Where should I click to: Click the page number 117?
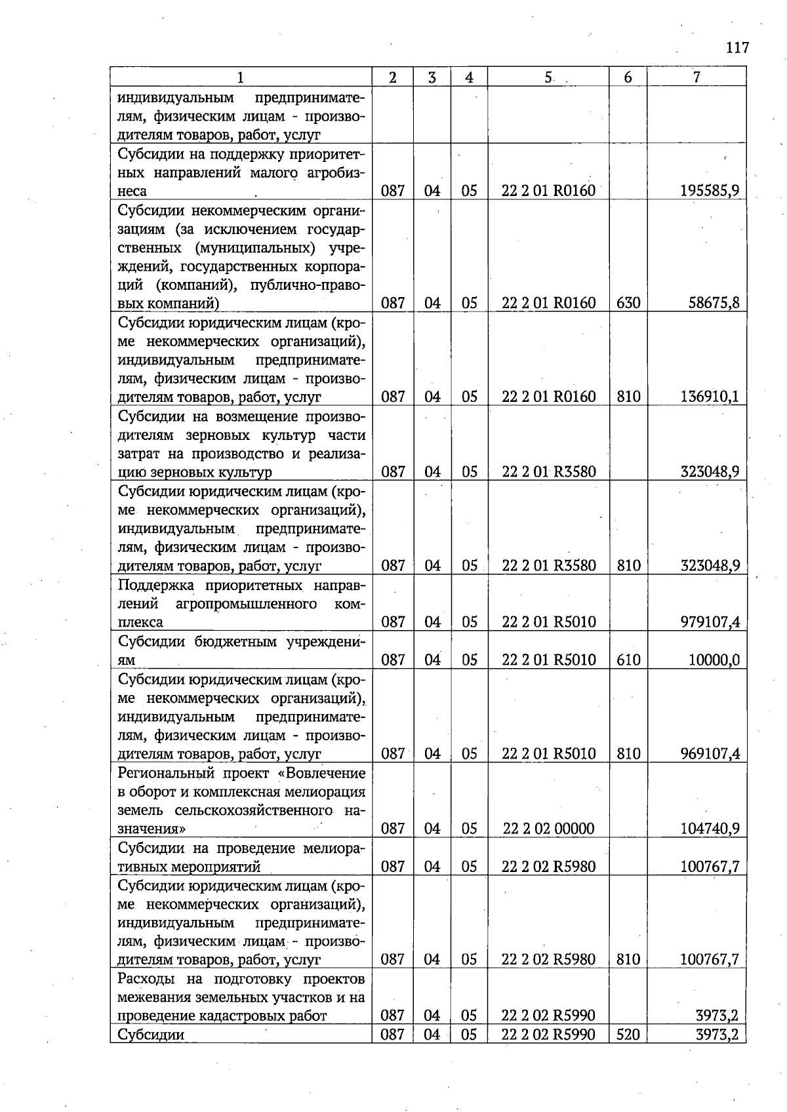pos(737,47)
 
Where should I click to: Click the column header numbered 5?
pos(548,77)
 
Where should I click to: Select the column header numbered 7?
pos(696,77)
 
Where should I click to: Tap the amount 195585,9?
pos(710,191)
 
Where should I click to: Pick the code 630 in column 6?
pos(628,303)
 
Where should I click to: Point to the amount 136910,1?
pos(710,397)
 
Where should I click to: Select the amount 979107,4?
pos(710,622)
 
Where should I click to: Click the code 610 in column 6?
pos(628,660)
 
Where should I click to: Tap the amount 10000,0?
pos(714,660)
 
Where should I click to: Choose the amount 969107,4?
pos(710,753)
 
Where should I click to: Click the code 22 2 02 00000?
pos(548,829)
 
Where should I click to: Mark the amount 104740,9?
pos(710,829)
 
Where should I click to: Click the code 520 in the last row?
pos(628,1035)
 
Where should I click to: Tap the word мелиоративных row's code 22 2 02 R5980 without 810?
pos(548,867)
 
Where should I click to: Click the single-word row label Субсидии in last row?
pos(151,1035)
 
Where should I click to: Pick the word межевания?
pos(152,997)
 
